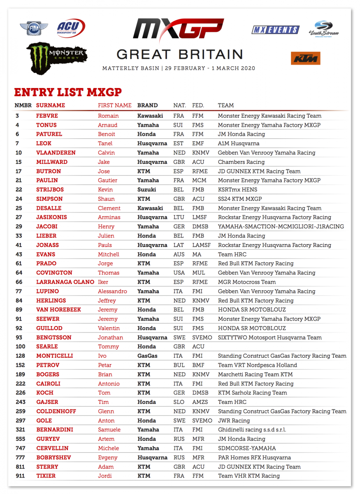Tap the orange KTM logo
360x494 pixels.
[x=305, y=58]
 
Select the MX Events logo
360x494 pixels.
[x=275, y=30]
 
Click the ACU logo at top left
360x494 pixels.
[x=71, y=28]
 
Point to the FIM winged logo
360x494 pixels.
[x=34, y=28]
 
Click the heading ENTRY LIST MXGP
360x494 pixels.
[x=68, y=92]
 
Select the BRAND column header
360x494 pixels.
[x=147, y=105]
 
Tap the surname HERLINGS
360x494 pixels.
[x=51, y=301]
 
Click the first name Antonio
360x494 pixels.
[x=109, y=384]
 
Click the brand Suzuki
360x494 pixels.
[x=146, y=190]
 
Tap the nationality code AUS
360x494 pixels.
[x=179, y=254]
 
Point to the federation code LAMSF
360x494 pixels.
[x=202, y=245]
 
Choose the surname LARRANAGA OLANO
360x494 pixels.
[x=65, y=282]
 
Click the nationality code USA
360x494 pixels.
[x=179, y=273]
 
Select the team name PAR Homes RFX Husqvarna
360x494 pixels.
[x=254, y=457]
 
